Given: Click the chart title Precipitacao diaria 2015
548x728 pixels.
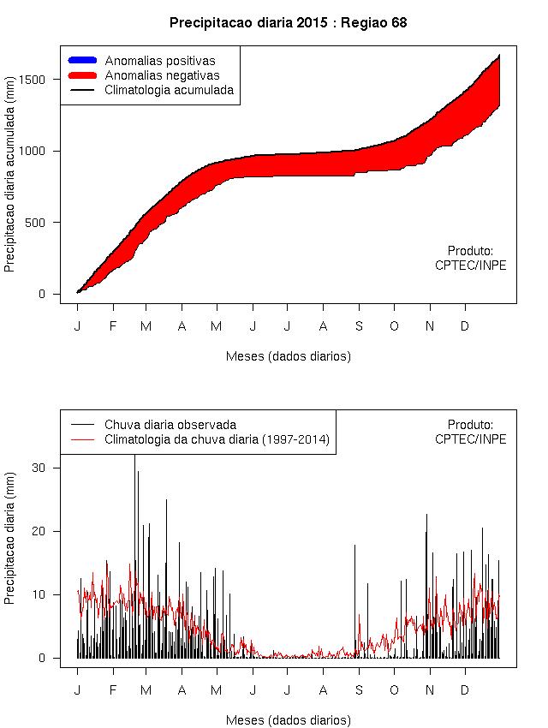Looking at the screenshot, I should (x=288, y=23).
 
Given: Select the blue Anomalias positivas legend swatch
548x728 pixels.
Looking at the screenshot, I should (x=82, y=60).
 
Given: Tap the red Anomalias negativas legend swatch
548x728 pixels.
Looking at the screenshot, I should (x=82, y=75).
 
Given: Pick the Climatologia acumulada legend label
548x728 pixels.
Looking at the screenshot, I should (x=169, y=89).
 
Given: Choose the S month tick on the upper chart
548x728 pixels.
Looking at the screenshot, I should (x=359, y=325).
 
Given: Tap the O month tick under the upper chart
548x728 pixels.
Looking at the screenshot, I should (x=394, y=325).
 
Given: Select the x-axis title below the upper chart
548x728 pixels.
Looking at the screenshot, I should (x=288, y=355).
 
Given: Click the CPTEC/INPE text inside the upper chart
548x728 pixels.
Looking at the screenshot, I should (x=470, y=266).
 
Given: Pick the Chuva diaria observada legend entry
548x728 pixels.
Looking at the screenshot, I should (x=170, y=424).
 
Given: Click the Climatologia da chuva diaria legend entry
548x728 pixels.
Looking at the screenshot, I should (x=217, y=439).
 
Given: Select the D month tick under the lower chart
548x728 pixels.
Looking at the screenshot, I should (x=465, y=689).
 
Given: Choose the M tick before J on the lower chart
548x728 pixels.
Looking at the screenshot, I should (x=216, y=689).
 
